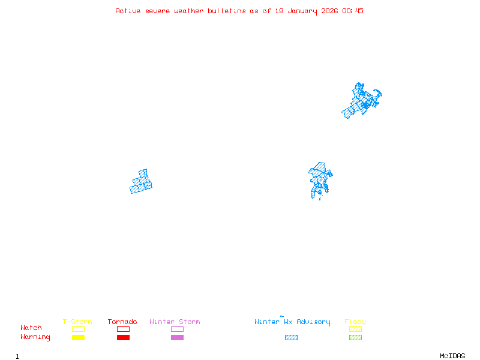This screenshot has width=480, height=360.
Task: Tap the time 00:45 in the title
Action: (x=353, y=11)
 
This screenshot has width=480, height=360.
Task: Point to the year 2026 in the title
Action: (x=329, y=11)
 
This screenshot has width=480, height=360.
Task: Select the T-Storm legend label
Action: (x=77, y=322)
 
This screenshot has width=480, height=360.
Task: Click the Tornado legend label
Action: (x=122, y=322)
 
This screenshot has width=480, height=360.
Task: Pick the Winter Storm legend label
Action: (x=175, y=322)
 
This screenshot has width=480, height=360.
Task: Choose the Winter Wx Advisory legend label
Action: (x=292, y=322)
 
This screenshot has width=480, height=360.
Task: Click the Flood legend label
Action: (x=355, y=322)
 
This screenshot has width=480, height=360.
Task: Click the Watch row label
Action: (x=31, y=328)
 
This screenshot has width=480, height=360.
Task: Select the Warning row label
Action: (x=35, y=337)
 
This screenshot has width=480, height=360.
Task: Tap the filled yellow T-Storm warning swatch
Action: (x=78, y=337)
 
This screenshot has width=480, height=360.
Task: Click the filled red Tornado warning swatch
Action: (x=123, y=337)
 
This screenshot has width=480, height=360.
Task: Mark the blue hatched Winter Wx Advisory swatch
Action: (x=291, y=337)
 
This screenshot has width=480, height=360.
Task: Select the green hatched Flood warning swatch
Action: (x=355, y=337)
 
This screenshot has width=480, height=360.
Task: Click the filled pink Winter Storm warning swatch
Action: (x=177, y=337)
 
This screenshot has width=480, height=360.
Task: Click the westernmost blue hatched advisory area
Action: (x=142, y=182)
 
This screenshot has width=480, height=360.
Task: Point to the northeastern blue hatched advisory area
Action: (x=361, y=101)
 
